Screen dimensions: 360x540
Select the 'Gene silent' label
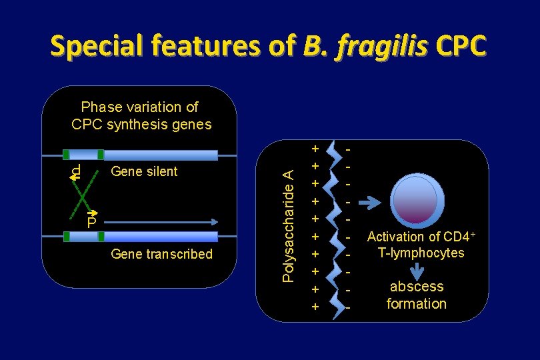[144, 171]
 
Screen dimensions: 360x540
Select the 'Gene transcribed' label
[162, 254]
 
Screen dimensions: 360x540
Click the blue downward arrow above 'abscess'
[417, 270]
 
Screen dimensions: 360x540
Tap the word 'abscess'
[417, 287]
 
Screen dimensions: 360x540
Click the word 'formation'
[417, 304]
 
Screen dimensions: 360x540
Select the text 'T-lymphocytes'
[421, 253]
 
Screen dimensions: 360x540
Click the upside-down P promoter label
[76, 172]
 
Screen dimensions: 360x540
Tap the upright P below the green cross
[92, 221]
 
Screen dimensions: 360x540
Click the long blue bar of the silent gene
[161, 155]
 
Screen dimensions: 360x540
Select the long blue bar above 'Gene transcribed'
[161, 237]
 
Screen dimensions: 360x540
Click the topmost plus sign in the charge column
[316, 147]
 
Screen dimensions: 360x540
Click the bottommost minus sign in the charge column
[348, 307]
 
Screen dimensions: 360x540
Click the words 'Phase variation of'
[139, 107]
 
